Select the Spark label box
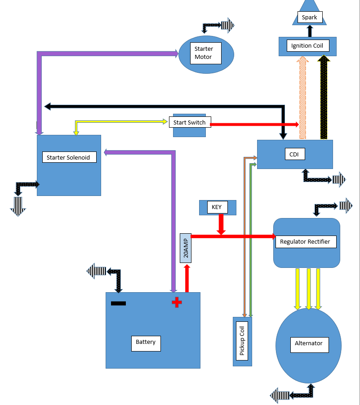click(309, 18)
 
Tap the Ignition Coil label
click(307, 46)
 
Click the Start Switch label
click(190, 122)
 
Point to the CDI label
click(294, 154)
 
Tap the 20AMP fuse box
click(186, 248)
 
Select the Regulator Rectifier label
click(305, 242)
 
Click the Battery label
click(146, 343)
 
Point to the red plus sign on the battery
click(177, 303)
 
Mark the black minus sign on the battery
click(118, 303)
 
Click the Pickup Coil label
click(242, 341)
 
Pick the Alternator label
click(308, 344)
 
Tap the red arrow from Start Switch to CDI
click(254, 124)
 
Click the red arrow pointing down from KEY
click(221, 224)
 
